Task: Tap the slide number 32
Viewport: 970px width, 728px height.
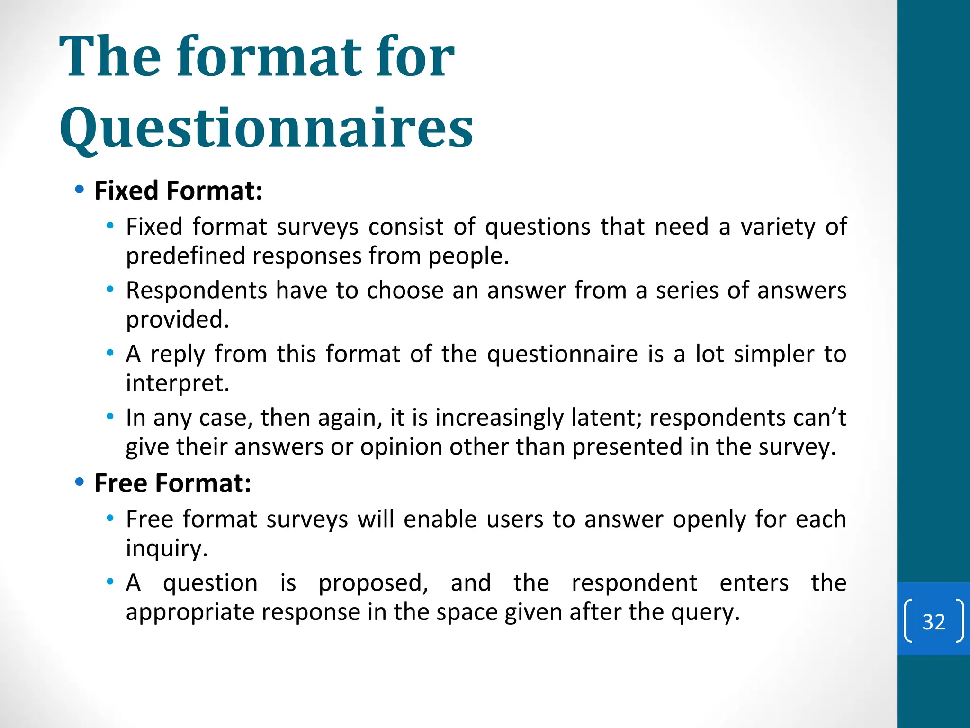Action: point(934,621)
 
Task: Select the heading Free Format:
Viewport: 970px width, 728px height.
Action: point(173,483)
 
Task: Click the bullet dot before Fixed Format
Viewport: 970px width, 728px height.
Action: point(80,190)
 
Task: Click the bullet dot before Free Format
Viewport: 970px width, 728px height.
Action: point(80,482)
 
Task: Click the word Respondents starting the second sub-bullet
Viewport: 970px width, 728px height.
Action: point(197,290)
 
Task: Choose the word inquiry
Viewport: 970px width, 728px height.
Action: point(167,549)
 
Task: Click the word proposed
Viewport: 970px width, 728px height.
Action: point(373,582)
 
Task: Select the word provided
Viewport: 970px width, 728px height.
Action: point(178,319)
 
